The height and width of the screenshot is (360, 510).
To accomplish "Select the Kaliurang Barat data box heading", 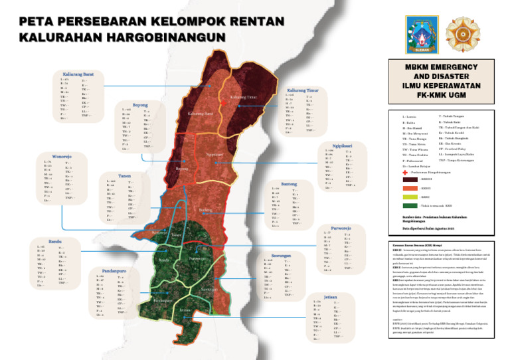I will click(x=78, y=74).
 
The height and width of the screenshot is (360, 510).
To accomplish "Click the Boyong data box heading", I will click(x=140, y=104).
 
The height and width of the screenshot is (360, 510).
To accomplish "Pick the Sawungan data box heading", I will click(x=282, y=254).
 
